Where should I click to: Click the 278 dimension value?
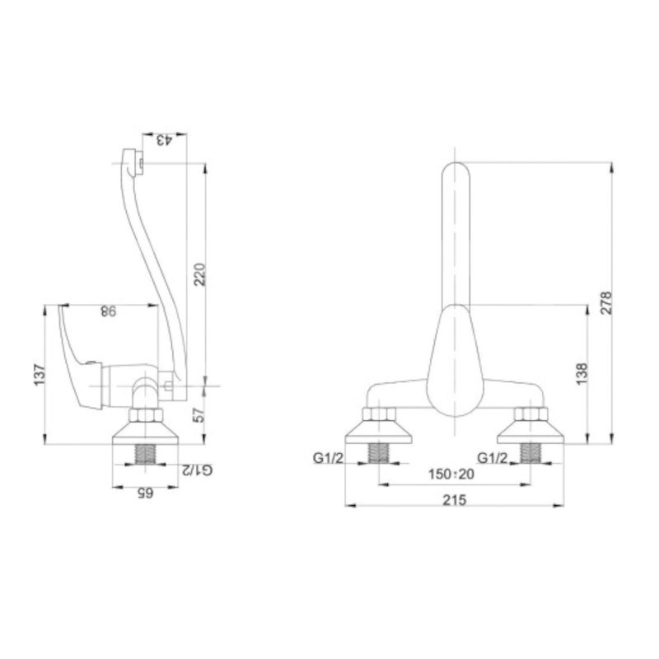pos(605,302)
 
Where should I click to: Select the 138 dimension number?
pos(582,374)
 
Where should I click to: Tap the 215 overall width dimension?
pos(455,500)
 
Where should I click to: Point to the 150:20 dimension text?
pos(451,474)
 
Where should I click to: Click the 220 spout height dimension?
pos(199,274)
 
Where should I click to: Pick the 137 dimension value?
pos(40,375)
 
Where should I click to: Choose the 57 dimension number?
pos(200,414)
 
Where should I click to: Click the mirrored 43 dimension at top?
pos(164,140)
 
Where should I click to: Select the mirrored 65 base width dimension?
pos(145,493)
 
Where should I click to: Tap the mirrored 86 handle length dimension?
pos(108,311)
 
